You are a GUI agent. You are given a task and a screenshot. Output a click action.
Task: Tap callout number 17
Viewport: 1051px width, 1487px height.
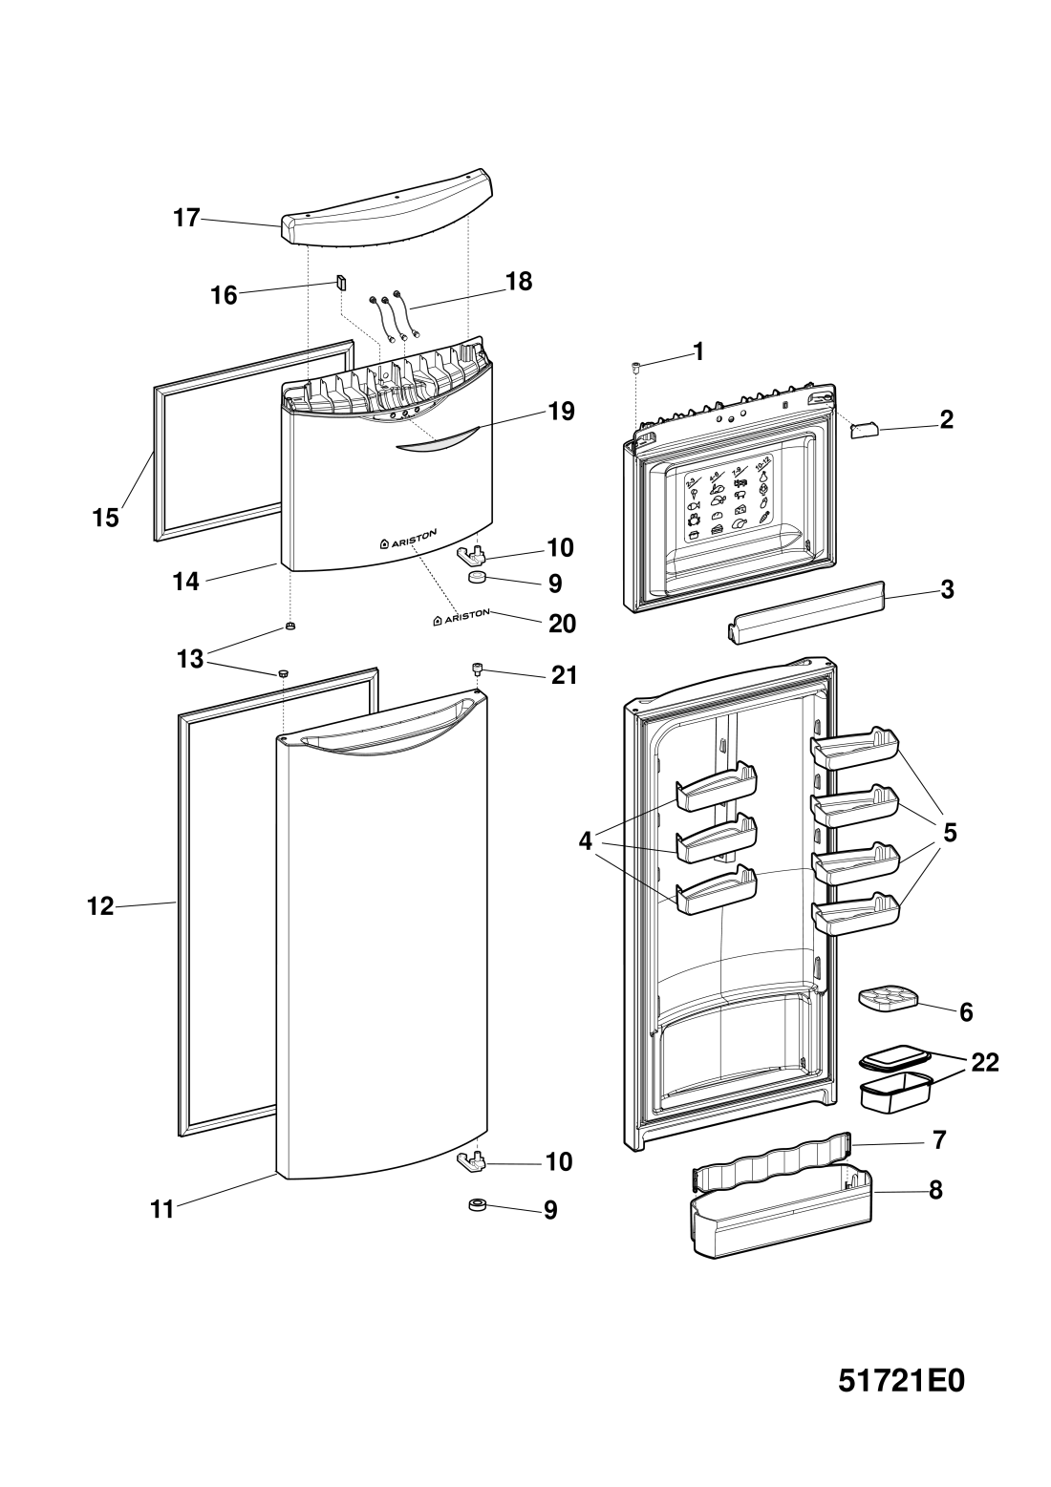[186, 219]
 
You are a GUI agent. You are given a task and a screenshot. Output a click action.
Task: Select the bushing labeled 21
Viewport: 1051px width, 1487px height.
[476, 668]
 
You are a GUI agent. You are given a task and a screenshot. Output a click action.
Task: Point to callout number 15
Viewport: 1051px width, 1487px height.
[105, 518]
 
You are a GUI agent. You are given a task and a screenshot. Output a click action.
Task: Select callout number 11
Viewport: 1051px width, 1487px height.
[161, 1210]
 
